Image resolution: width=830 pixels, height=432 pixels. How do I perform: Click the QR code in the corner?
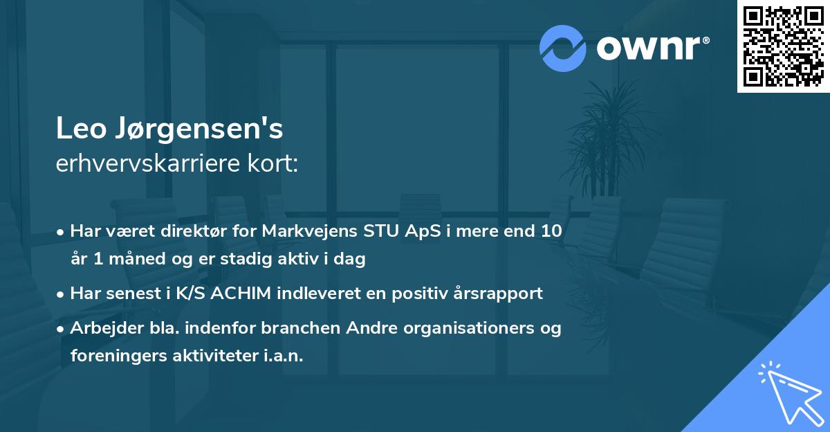[783, 46]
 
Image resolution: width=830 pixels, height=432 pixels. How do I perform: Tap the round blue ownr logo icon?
[563, 48]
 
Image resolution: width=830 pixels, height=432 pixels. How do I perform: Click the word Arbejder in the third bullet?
[102, 327]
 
